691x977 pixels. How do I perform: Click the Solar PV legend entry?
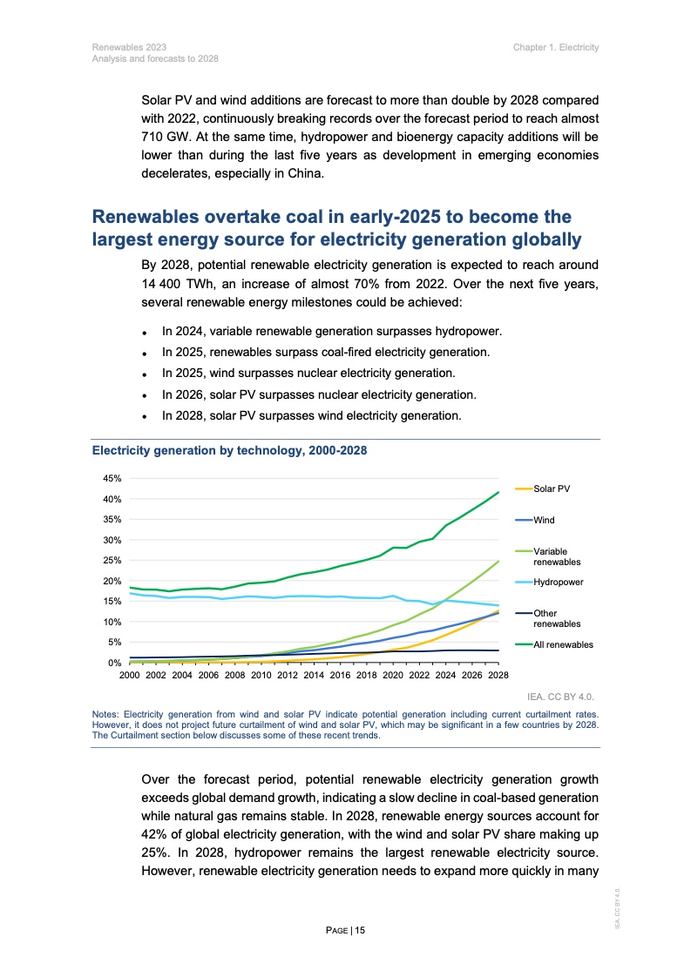tap(552, 489)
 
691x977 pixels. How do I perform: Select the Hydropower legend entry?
tap(559, 582)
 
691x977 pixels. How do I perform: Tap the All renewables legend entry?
tap(563, 644)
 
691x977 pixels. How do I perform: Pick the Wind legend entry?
tap(544, 520)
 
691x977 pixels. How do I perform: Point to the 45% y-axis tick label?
tap(112, 479)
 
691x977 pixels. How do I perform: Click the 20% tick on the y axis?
tap(112, 581)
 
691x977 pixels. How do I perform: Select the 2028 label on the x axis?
tap(498, 675)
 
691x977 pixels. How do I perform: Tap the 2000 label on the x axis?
tap(129, 675)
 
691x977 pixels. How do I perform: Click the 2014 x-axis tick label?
tap(314, 675)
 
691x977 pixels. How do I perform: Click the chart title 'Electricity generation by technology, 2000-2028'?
tap(229, 451)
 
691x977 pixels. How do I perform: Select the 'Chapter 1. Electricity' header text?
tap(556, 47)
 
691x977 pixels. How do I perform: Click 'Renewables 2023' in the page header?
tap(129, 47)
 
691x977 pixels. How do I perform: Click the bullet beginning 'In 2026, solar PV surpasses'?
tap(318, 394)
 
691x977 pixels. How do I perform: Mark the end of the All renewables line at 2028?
tap(498, 492)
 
